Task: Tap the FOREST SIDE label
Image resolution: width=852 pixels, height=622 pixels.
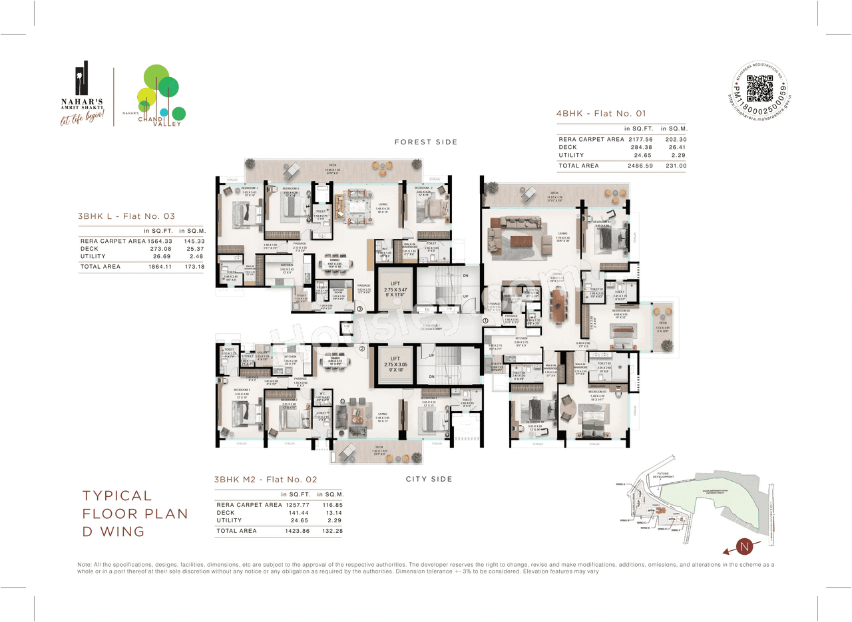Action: click(x=425, y=142)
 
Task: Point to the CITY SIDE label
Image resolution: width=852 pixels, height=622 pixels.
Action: click(x=429, y=479)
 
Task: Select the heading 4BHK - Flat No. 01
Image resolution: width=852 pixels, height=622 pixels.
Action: click(x=600, y=113)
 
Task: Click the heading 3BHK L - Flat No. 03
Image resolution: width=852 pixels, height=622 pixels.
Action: click(x=126, y=216)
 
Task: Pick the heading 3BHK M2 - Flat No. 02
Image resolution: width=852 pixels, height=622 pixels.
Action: click(x=266, y=479)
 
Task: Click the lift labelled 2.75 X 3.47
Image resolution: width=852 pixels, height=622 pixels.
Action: click(x=395, y=291)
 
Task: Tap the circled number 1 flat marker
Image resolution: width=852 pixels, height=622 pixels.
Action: click(x=485, y=321)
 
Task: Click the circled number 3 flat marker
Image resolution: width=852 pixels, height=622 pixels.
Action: click(x=359, y=309)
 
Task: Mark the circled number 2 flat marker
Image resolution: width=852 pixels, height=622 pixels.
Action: click(x=361, y=348)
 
